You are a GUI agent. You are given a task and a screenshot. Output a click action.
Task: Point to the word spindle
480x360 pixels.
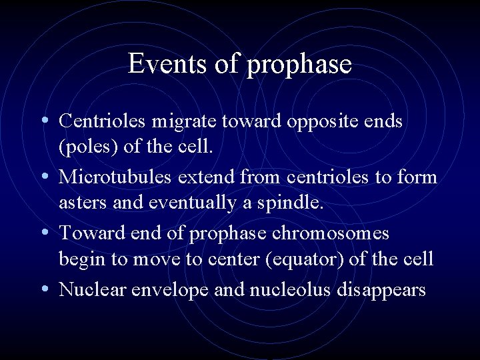click(294, 203)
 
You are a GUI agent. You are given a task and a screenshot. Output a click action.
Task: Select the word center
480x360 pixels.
click(235, 259)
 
